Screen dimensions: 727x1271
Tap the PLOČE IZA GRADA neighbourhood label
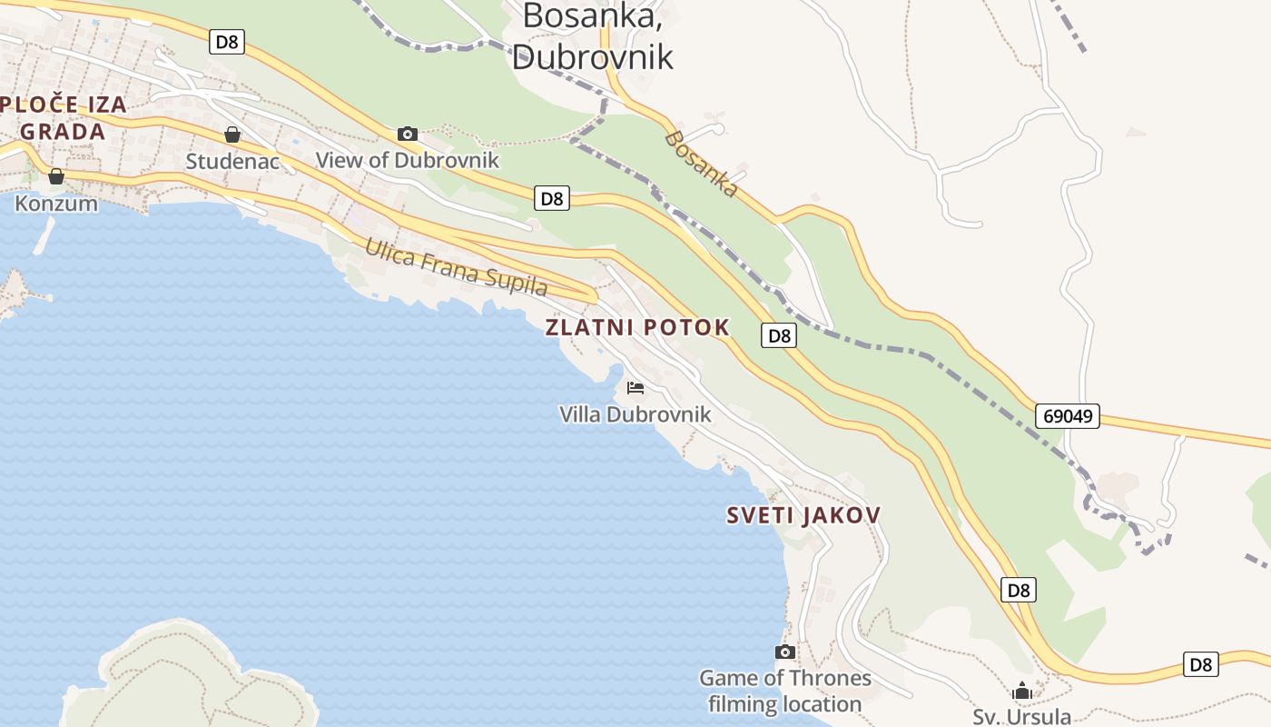(63, 118)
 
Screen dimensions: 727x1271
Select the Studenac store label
(232, 161)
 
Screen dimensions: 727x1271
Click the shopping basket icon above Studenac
(232, 134)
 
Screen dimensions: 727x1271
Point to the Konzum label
(56, 203)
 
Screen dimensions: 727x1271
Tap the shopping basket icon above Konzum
(56, 176)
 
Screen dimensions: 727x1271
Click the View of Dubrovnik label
(408, 160)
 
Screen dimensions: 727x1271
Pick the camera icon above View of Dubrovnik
(408, 134)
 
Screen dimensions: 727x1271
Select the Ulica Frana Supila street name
(457, 267)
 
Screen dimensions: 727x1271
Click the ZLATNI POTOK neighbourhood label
(637, 328)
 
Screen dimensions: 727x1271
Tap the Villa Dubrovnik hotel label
(635, 414)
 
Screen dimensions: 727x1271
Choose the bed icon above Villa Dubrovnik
(635, 388)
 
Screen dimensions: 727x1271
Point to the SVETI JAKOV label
(803, 515)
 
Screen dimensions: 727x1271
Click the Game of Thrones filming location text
(785, 691)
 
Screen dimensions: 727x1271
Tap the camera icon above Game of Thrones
(785, 652)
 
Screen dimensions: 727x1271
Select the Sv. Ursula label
(1022, 716)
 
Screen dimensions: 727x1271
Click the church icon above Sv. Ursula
(1022, 691)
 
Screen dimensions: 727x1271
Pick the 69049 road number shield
(1068, 416)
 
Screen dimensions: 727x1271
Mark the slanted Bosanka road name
(701, 164)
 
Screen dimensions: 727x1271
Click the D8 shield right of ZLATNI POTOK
(779, 335)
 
